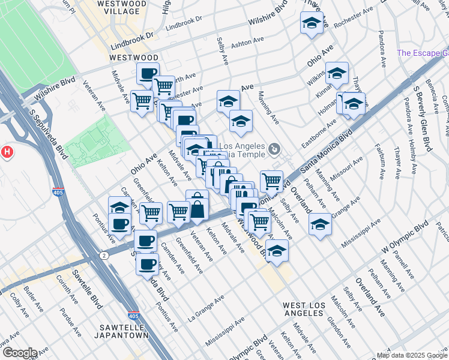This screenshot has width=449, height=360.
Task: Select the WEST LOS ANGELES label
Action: click(304, 310)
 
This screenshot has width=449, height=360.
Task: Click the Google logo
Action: click(19, 353)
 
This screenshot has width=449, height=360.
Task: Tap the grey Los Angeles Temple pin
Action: click(274, 148)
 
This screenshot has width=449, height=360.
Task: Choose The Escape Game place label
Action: click(423, 53)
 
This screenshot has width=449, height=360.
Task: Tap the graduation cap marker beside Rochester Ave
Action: click(311, 23)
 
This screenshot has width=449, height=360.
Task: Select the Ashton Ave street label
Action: click(248, 44)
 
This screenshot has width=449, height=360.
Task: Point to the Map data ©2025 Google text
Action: click(412, 355)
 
